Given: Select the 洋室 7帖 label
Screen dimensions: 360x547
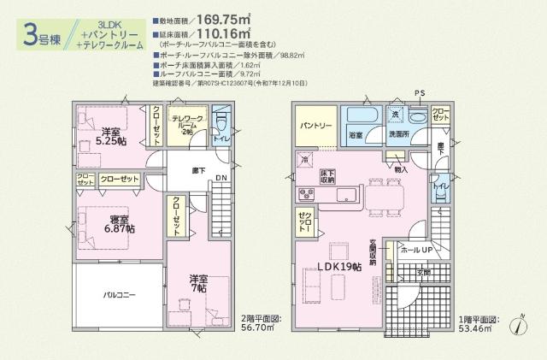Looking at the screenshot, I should pyautogui.click(x=201, y=283).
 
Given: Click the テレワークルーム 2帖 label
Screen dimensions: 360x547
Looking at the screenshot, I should pyautogui.click(x=186, y=125).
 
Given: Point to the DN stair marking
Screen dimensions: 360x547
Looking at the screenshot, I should pyautogui.click(x=221, y=178).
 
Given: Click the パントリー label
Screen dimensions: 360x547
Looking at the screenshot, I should pyautogui.click(x=315, y=126).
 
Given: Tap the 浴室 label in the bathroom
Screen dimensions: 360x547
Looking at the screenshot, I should pyautogui.click(x=355, y=135).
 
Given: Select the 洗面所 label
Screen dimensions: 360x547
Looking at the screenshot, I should pyautogui.click(x=399, y=135).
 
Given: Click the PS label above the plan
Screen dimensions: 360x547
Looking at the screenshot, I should pyautogui.click(x=419, y=92).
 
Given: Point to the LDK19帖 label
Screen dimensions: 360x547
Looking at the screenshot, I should pyautogui.click(x=339, y=267).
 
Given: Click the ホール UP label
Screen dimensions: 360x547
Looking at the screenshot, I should pyautogui.click(x=415, y=250).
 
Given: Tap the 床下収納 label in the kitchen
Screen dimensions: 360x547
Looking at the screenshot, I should pyautogui.click(x=327, y=176).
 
